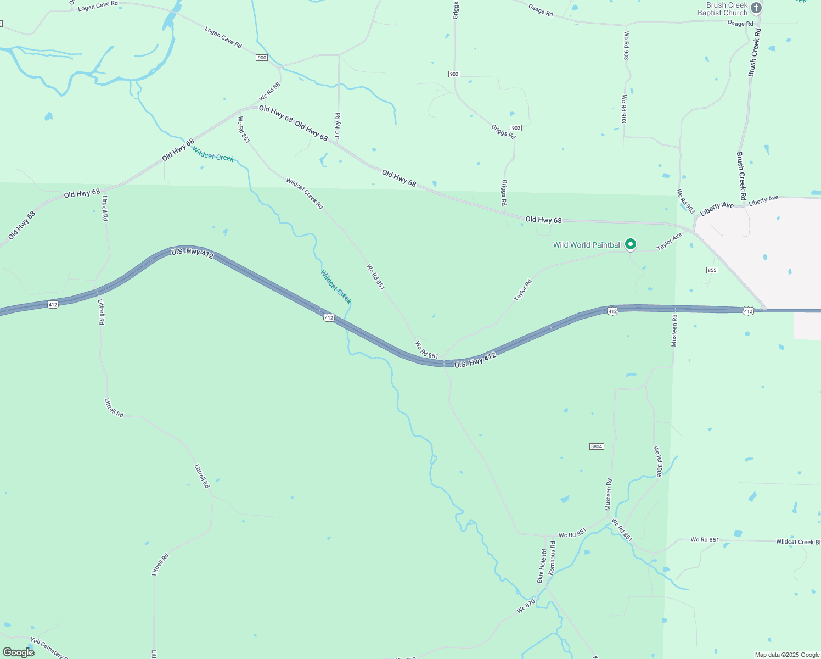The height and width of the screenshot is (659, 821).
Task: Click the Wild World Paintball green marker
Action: coord(631,244)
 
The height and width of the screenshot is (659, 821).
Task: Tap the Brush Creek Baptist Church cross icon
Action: coord(756,8)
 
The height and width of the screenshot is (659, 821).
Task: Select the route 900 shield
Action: coord(262,58)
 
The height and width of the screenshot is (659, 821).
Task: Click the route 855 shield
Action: coord(712,270)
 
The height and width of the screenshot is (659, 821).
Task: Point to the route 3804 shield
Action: coord(597,446)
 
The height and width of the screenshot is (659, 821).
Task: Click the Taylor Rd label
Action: coord(523,291)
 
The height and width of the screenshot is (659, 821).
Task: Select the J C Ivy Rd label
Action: coord(338,125)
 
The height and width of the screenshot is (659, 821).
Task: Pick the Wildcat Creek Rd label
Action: coord(305,193)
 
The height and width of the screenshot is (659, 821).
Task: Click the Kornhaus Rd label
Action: coord(553,558)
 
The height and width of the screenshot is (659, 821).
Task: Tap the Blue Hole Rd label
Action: coord(542,566)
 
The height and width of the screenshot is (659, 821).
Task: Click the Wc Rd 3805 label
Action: coord(658,461)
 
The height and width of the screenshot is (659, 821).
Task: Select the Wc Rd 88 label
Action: coord(269,92)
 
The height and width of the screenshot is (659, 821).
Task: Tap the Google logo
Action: coord(19,652)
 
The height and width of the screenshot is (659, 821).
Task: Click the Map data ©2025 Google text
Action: coord(787,655)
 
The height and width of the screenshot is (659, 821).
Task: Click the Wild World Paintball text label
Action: coord(587,245)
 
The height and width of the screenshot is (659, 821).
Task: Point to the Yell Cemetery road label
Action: coord(49,648)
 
